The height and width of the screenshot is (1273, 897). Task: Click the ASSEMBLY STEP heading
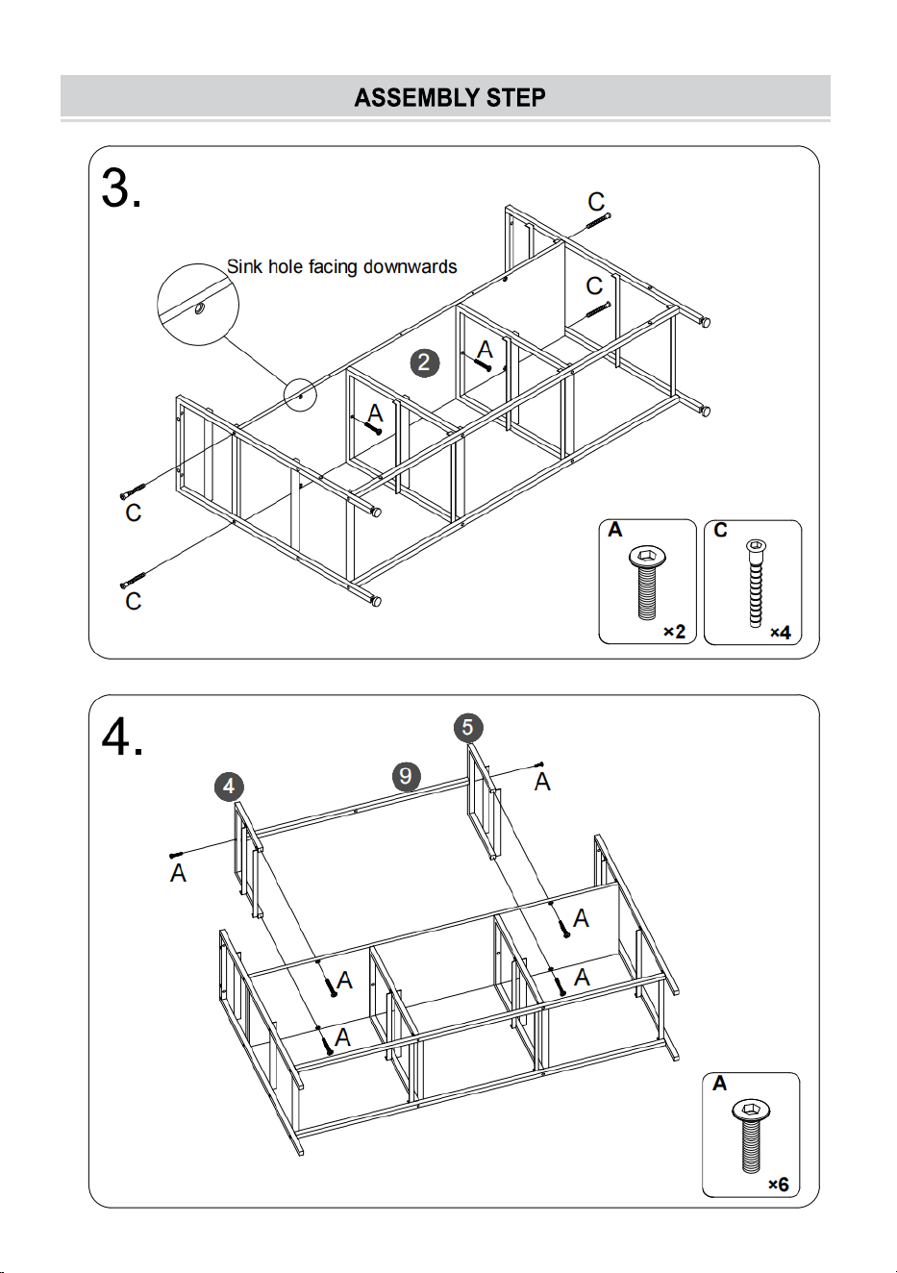(x=450, y=98)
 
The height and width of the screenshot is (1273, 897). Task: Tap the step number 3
(x=121, y=188)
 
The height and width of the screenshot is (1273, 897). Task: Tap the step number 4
(x=122, y=737)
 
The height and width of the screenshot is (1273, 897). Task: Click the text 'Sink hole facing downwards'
(x=341, y=266)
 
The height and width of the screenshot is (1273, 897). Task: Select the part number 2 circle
(x=424, y=362)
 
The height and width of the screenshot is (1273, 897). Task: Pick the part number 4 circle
(x=229, y=786)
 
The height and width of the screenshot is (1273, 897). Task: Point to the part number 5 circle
(x=468, y=727)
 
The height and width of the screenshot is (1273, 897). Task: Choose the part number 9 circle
(x=406, y=776)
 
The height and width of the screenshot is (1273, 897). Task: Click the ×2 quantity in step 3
(x=674, y=632)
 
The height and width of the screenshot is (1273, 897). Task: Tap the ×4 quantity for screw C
(x=780, y=632)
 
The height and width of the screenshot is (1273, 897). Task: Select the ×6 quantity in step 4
(x=778, y=1185)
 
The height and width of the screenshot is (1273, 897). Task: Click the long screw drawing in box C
(x=756, y=583)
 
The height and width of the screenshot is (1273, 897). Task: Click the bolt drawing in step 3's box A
(x=647, y=584)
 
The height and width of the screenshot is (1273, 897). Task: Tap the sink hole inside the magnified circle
(x=200, y=308)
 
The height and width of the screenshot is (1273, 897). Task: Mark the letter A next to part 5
(x=542, y=783)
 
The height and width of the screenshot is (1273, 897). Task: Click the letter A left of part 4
(x=178, y=873)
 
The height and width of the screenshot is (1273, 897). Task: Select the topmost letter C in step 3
(x=596, y=202)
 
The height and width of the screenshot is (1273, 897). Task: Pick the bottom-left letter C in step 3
(x=133, y=601)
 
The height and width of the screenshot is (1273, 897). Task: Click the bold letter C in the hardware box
(x=720, y=530)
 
